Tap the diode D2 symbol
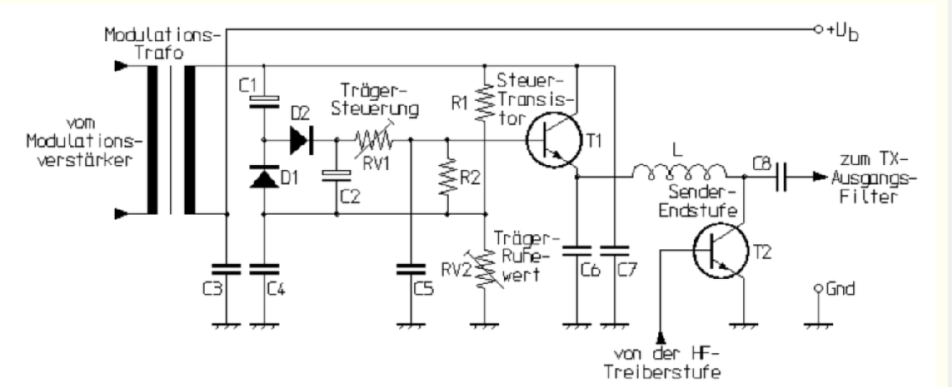click(x=299, y=140)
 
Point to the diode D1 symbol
click(x=262, y=177)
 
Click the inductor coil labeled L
click(x=679, y=173)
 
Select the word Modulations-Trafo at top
click(x=145, y=44)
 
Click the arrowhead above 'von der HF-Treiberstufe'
click(x=660, y=337)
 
